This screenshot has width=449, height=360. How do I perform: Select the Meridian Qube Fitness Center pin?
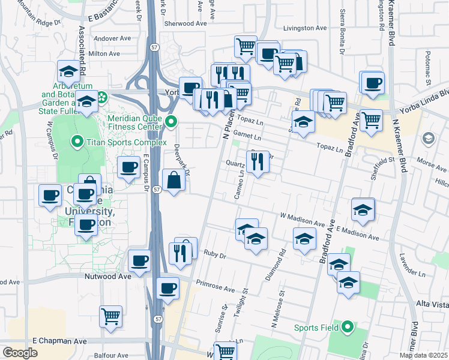click(x=172, y=122)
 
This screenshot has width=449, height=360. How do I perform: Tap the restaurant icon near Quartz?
click(x=258, y=162)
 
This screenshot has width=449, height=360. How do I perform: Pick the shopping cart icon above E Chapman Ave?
click(x=110, y=316)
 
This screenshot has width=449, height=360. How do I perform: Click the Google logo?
click(x=20, y=353)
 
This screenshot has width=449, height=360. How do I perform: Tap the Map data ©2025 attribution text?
click(x=423, y=355)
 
